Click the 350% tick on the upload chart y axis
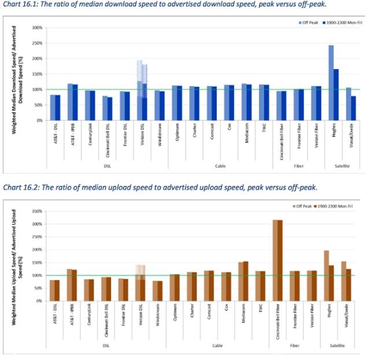(x=37, y=211)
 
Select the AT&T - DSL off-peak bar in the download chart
(x=53, y=108)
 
